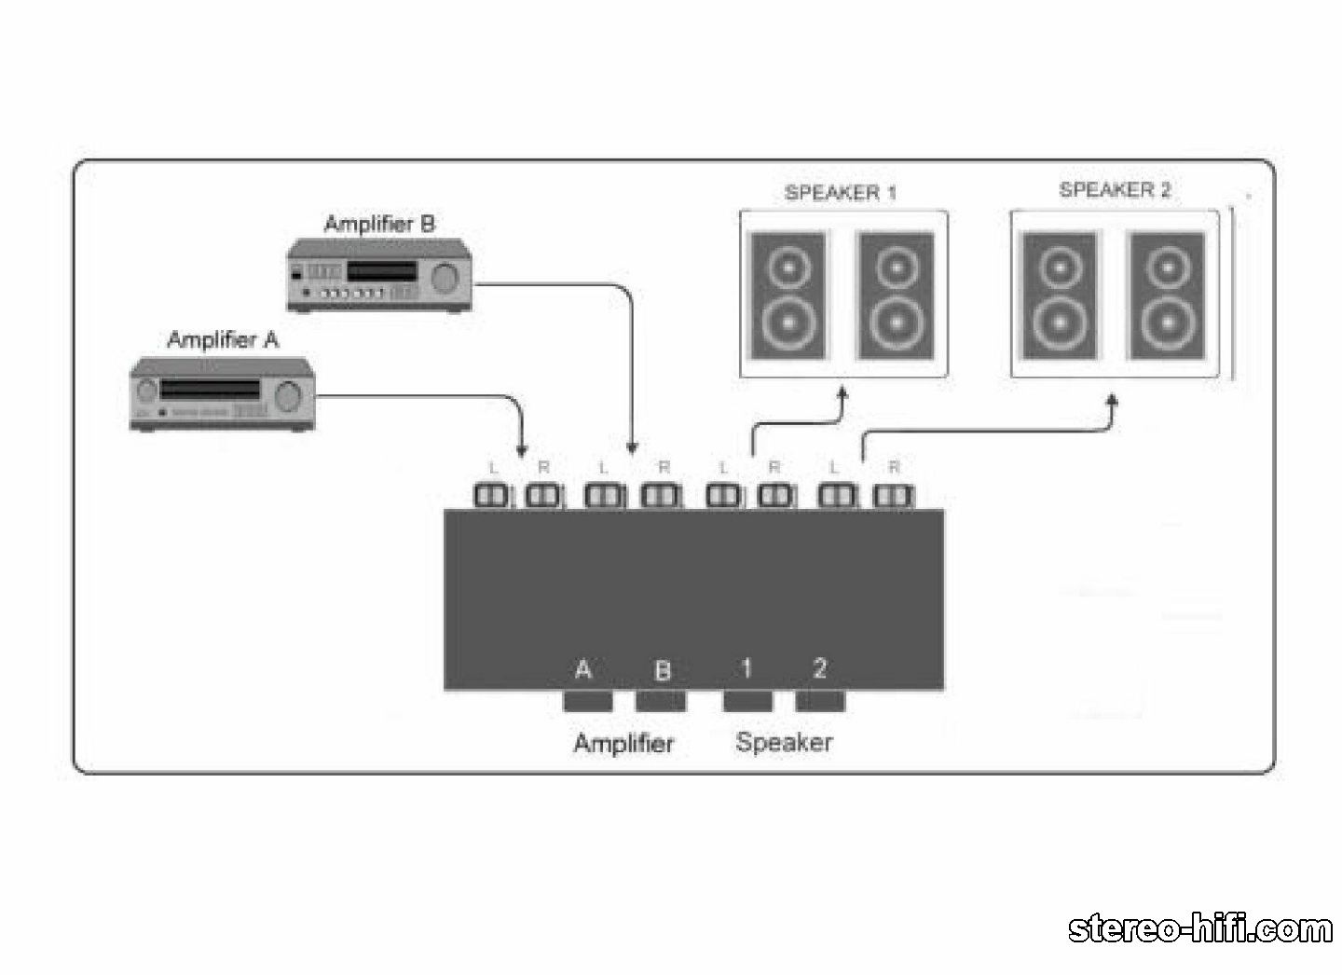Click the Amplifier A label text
click(x=223, y=340)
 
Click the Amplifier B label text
click(x=380, y=224)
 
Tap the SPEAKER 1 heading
click(x=841, y=192)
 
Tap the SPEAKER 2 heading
click(x=1115, y=190)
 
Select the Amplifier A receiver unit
click(x=222, y=394)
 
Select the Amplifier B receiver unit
click(x=380, y=276)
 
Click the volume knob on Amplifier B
click(x=445, y=278)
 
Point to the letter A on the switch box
click(x=583, y=668)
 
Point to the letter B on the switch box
click(x=662, y=670)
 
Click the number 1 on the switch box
click(x=746, y=667)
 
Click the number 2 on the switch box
click(x=819, y=667)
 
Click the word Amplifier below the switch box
click(x=623, y=743)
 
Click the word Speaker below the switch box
click(x=785, y=743)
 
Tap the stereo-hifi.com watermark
click(x=1200, y=928)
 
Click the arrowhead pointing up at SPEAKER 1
click(x=842, y=394)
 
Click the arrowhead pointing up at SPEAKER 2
click(x=1112, y=400)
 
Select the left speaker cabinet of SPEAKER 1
click(x=788, y=295)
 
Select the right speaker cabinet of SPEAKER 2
click(x=1167, y=295)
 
